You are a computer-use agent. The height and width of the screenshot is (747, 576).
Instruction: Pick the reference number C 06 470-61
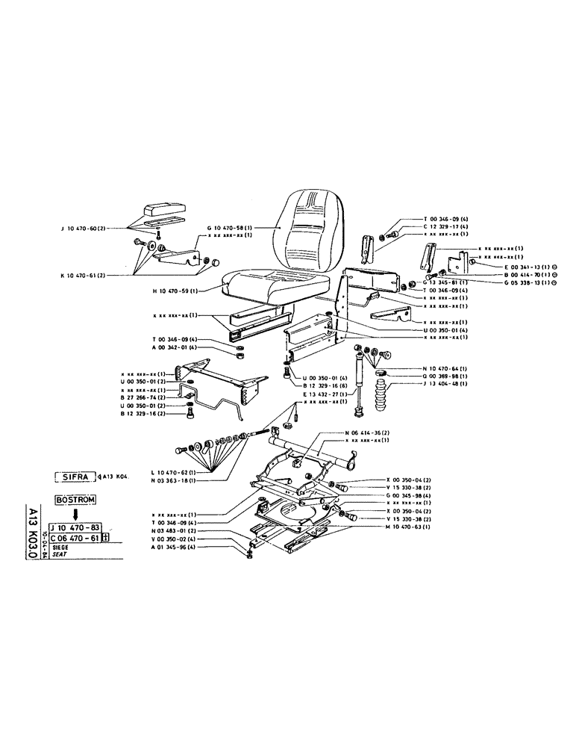[x=74, y=539]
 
